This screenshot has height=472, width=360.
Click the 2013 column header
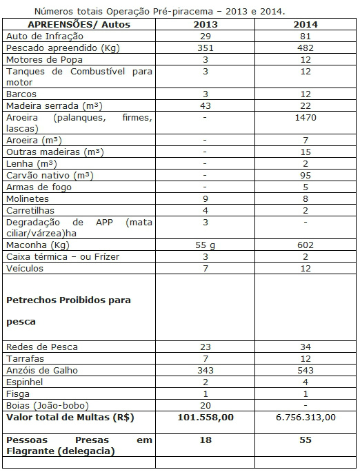pos(205,25)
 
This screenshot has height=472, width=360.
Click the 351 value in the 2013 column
pos(205,48)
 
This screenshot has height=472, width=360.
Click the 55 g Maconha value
pos(205,245)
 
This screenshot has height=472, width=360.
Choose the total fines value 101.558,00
pos(205,417)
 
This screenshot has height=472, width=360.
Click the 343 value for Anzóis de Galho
pos(205,370)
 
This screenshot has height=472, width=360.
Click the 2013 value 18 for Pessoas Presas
pos(205,440)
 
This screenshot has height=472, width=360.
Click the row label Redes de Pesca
pos(41,347)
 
